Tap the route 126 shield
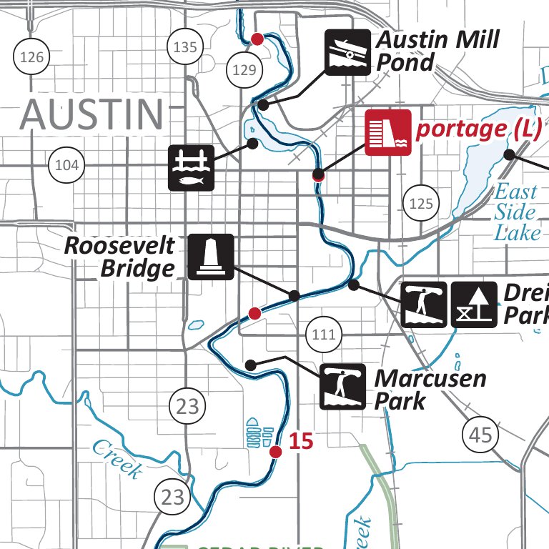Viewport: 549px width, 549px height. tap(32, 56)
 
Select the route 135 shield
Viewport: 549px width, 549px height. tap(185, 48)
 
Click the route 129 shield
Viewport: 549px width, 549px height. tap(244, 69)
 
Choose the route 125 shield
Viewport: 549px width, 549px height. tap(421, 204)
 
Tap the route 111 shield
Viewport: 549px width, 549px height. tap(323, 334)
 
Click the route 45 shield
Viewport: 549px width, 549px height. tap(481, 435)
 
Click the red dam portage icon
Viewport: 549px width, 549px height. tap(387, 133)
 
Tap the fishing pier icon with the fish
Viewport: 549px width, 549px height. tap(191, 167)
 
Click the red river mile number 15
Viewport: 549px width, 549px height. tap(302, 441)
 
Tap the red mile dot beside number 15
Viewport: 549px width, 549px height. tap(275, 452)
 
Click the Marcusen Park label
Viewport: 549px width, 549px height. tap(430, 390)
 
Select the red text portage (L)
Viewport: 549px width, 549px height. tap(480, 129)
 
